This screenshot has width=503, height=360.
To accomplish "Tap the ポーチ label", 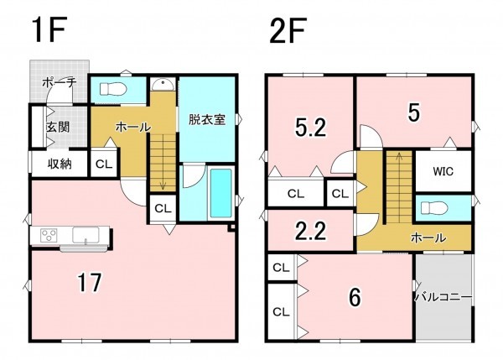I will click(60, 82).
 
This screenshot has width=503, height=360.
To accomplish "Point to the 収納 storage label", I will click(59, 164).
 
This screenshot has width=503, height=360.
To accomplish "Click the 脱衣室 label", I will click(206, 119).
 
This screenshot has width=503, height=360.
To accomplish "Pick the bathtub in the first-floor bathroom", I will click(221, 194).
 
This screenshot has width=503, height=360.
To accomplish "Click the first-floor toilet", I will click(112, 88).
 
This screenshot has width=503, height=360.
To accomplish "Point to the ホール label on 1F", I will click(132, 128).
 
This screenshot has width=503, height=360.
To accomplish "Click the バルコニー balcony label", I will click(443, 296).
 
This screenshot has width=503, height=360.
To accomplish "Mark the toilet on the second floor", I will click(437, 207).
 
